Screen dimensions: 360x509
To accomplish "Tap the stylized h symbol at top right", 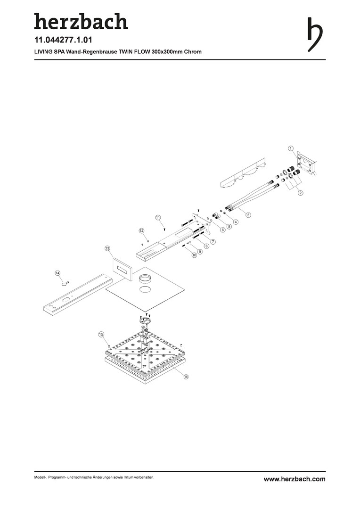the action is coord(315,34).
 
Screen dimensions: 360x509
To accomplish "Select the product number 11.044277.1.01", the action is coord(63,40).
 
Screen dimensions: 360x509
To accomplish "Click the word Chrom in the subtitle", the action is coord(193,52).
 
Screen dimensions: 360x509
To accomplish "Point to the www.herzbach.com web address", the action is coord(295,479).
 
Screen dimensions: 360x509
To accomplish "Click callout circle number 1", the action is coord(291,148).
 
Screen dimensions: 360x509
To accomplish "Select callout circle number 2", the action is coord(301,192).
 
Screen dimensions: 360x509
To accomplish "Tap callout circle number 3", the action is coord(248,214).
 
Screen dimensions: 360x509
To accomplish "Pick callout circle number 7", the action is coord(213,241).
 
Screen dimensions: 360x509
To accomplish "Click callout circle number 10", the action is coord(194,255).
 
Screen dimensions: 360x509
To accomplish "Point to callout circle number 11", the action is coord(158,217).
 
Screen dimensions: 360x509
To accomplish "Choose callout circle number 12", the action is coord(141,230).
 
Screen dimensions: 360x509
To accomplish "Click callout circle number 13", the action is coord(107,248).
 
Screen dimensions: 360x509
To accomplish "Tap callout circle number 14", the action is coord(57,273).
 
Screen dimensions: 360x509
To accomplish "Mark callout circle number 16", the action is coord(186,377).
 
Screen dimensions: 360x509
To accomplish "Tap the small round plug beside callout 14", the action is coord(65,283).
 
